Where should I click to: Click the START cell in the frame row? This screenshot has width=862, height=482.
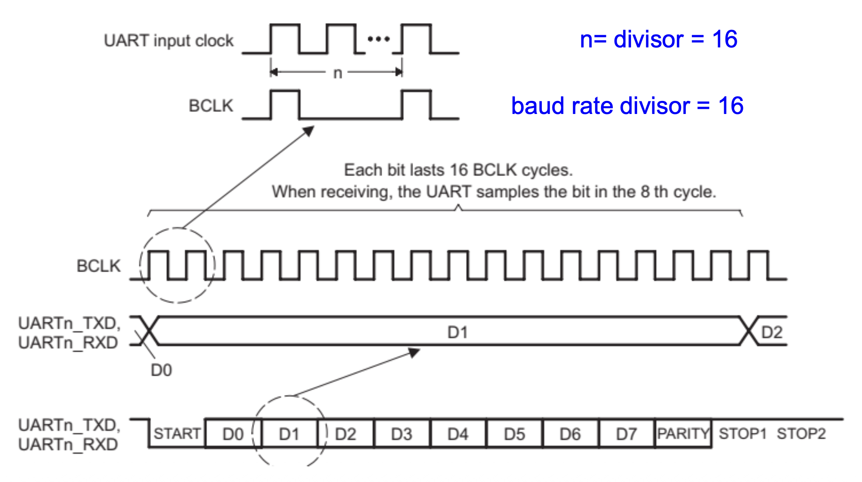pyautogui.click(x=177, y=434)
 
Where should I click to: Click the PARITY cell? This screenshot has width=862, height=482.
pyautogui.click(x=683, y=434)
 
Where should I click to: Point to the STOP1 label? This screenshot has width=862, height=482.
pyautogui.click(x=742, y=434)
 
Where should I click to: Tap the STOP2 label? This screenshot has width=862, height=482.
pyautogui.click(x=801, y=434)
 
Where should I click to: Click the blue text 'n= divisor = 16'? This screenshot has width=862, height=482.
pyautogui.click(x=658, y=40)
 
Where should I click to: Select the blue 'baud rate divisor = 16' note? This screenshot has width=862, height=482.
pyautogui.click(x=627, y=106)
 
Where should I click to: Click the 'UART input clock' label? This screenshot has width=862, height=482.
pyautogui.click(x=169, y=40)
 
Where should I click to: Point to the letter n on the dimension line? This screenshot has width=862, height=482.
pyautogui.click(x=337, y=73)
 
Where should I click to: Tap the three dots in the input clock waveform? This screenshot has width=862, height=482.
pyautogui.click(x=378, y=39)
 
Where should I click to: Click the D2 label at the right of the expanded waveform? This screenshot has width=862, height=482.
pyautogui.click(x=772, y=333)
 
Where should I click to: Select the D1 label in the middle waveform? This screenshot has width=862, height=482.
pyautogui.click(x=458, y=333)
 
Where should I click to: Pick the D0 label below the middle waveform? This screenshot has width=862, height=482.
pyautogui.click(x=161, y=370)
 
